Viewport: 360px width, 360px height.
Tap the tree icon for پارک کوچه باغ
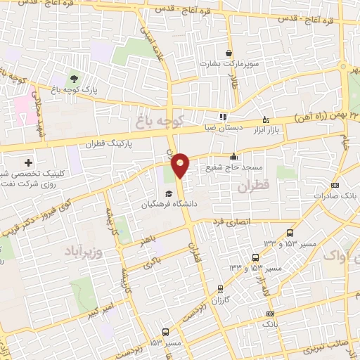tap(74, 77)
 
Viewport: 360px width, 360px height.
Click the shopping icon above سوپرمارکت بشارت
tap(229, 53)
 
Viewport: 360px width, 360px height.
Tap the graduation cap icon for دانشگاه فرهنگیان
tap(169, 194)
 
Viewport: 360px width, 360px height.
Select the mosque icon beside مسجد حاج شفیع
tap(233, 157)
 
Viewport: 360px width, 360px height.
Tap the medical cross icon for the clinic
tap(28, 162)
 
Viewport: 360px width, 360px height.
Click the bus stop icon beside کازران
tap(220, 288)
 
